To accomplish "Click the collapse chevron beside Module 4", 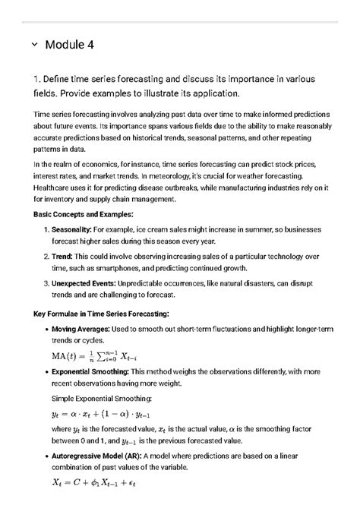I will pyautogui.click(x=34, y=45).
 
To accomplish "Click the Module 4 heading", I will pyautogui.click(x=70, y=45).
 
